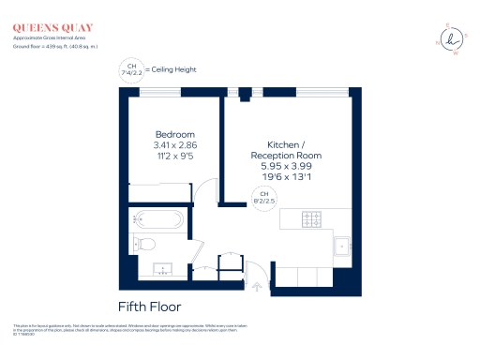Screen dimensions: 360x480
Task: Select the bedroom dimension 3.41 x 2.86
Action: [x=174, y=146]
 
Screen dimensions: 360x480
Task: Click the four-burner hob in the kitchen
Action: [x=312, y=219]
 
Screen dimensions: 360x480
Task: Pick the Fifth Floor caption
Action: [x=149, y=307]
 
